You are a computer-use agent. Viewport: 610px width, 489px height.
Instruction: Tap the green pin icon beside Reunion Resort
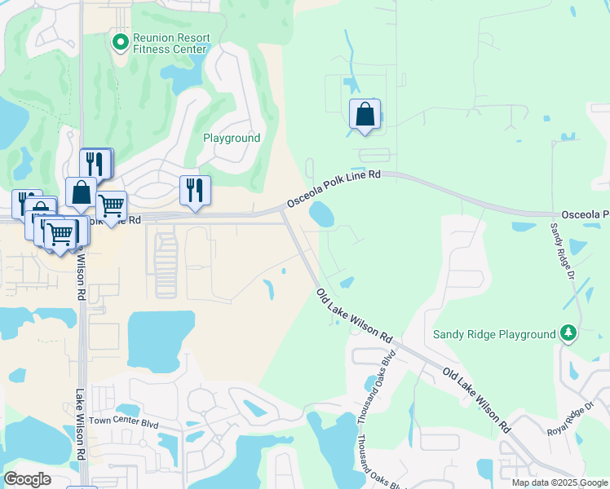[x=120, y=40]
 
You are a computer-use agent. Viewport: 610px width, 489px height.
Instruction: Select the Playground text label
[x=232, y=138]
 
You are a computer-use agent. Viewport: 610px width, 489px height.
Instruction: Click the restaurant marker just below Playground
[x=195, y=192]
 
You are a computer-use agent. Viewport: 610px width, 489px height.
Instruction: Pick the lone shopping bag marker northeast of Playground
[x=365, y=115]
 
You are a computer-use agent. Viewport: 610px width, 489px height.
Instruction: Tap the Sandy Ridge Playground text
[x=493, y=334]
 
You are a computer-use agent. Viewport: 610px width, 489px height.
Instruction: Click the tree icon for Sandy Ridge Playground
[x=568, y=333]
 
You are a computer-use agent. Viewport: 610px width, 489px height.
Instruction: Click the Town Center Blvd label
[x=122, y=421]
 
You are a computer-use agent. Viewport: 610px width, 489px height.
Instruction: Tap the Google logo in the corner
[x=28, y=479]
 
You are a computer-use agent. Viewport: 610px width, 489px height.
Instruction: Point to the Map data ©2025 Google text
[x=559, y=482]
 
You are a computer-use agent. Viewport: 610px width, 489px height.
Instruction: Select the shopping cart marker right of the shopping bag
[x=110, y=205]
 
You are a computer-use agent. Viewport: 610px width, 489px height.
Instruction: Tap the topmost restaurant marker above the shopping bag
[x=96, y=163]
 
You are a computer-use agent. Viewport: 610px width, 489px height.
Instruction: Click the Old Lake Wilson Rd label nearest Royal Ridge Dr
[x=477, y=399]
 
